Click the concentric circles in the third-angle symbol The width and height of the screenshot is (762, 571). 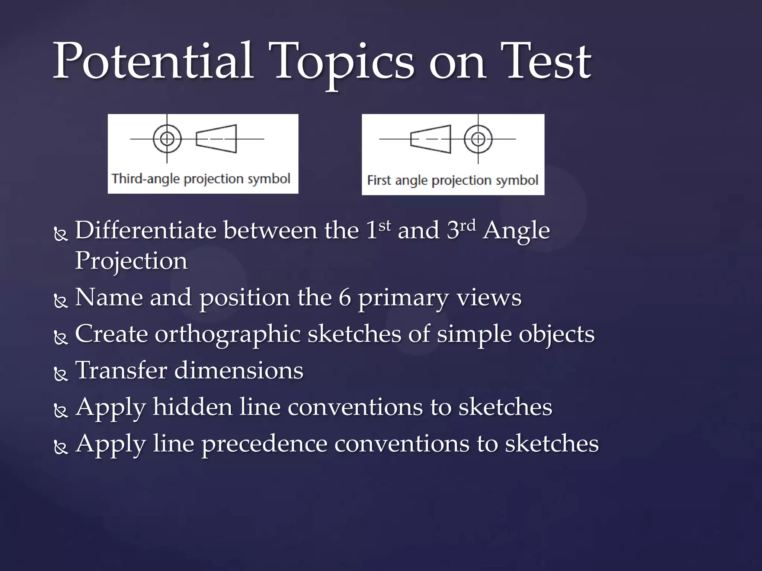tap(167, 139)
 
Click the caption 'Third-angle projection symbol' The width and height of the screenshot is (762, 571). tap(201, 179)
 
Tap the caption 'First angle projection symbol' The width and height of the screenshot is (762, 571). tap(452, 181)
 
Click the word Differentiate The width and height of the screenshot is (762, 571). tap(145, 230)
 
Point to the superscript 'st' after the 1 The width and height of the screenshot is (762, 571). tap(385, 225)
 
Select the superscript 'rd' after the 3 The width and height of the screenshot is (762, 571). tap(468, 225)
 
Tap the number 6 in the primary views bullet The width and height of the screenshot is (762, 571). tap(345, 298)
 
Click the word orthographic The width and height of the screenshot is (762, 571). tap(227, 334)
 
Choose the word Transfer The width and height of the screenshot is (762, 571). tap(121, 371)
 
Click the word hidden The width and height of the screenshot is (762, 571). tap(193, 407)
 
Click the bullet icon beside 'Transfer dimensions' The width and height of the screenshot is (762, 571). tap(61, 374)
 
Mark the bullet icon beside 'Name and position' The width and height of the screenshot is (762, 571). tap(61, 301)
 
